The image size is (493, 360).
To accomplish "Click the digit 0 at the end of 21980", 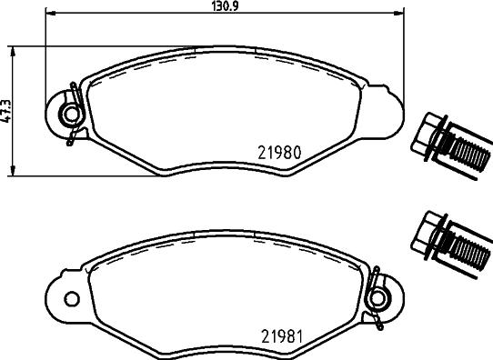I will tap(297, 155).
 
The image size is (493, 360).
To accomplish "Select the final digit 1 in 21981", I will tap(297, 336).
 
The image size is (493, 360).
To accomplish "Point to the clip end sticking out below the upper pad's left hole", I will tap(70, 140).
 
